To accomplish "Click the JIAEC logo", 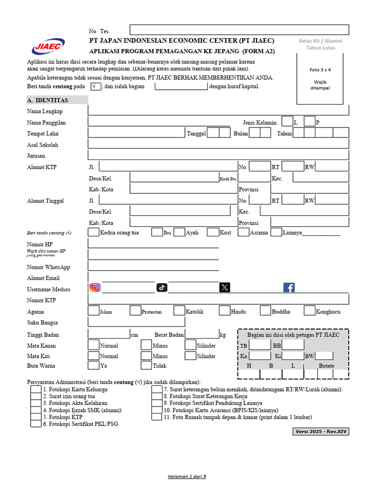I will (x=48, y=47).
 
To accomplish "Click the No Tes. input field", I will (x=239, y=30).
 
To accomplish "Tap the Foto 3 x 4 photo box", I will (x=320, y=78).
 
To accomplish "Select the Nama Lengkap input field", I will (x=218, y=111).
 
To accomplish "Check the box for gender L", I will (x=287, y=122).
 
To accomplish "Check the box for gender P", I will (x=309, y=122).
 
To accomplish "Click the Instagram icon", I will (x=95, y=287).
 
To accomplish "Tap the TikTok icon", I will (x=162, y=287).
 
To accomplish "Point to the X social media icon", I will (x=225, y=287).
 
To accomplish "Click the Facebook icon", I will (x=289, y=287).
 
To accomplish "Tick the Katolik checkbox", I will (x=179, y=311).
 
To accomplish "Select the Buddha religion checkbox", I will (x=266, y=311).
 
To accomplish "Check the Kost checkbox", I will (x=213, y=233).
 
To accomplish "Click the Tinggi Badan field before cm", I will (x=108, y=334).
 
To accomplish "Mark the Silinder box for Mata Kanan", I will (x=190, y=345).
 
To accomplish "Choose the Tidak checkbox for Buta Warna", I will (x=146, y=365).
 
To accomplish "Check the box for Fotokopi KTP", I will (x=36, y=416).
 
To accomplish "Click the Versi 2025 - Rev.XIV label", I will (x=321, y=432).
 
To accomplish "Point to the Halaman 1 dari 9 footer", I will (x=187, y=477).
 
